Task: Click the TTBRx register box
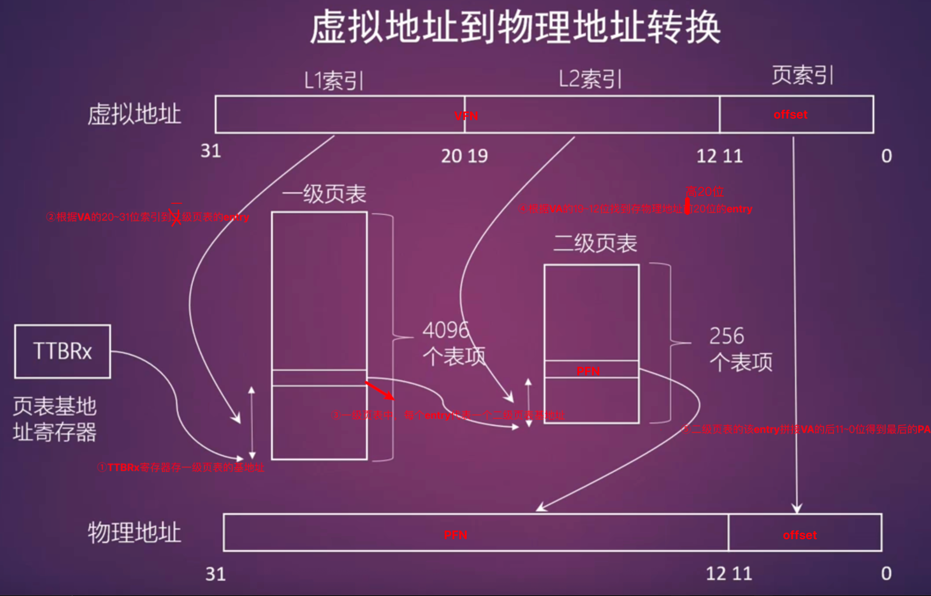tap(62, 351)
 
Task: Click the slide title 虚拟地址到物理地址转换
tap(515, 28)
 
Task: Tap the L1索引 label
tap(334, 80)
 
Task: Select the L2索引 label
tap(590, 79)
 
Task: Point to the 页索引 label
tap(802, 74)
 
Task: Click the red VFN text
tap(466, 116)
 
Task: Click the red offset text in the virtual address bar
tap(790, 114)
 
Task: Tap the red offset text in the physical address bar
tap(799, 535)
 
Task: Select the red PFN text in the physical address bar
tap(455, 535)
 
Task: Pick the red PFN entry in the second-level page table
tap(588, 371)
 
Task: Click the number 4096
tap(446, 330)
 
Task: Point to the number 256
tap(727, 336)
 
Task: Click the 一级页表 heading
tap(324, 194)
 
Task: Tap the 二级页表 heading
tap(595, 243)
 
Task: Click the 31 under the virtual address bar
tap(211, 151)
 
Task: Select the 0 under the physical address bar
tap(886, 573)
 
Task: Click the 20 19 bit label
tap(464, 156)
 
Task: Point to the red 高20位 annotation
tap(704, 191)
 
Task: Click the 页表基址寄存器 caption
tap(55, 419)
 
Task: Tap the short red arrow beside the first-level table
tap(380, 391)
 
